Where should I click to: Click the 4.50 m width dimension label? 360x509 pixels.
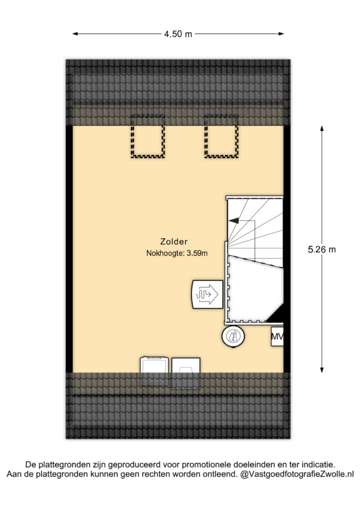click(x=178, y=34)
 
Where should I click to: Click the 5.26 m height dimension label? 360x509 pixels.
click(x=322, y=250)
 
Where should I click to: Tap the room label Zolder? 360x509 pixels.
click(x=174, y=242)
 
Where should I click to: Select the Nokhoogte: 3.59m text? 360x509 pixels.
click(x=177, y=253)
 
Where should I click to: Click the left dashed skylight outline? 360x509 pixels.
click(x=131, y=136)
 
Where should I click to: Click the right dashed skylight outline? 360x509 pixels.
click(x=205, y=136)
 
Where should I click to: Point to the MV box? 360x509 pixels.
click(x=277, y=337)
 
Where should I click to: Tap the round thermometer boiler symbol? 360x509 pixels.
click(x=233, y=337)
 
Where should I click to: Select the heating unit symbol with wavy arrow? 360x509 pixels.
click(x=207, y=294)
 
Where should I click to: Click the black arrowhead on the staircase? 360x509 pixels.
click(x=234, y=220)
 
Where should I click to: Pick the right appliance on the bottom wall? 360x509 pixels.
click(x=185, y=373)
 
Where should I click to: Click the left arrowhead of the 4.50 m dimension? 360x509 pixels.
click(x=75, y=33)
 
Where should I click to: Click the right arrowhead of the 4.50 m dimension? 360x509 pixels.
click(x=281, y=33)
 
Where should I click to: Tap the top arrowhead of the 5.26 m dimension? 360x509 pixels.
click(x=322, y=129)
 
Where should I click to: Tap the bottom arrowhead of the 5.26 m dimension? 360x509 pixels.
click(x=322, y=370)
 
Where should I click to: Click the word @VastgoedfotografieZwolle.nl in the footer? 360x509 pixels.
click(x=297, y=474)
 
